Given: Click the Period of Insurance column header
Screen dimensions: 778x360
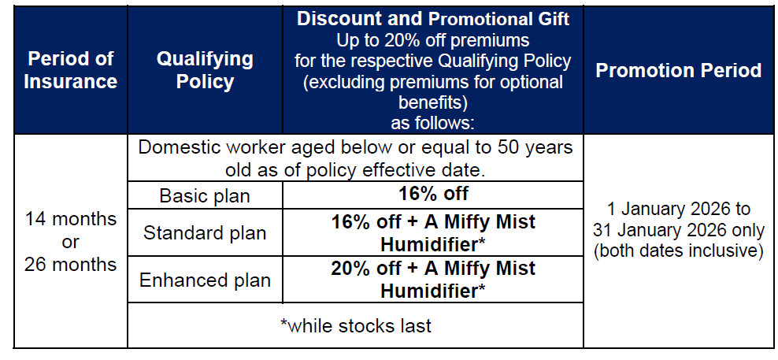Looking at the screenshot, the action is click(70, 70).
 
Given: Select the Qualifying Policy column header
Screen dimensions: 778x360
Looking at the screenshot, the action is click(205, 70).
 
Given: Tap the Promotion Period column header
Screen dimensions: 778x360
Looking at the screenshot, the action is click(679, 70).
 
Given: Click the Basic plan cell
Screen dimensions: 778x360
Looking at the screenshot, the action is click(205, 195).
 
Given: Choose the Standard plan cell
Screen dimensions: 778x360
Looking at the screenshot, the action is click(205, 232).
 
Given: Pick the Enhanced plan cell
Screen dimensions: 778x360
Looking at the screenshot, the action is click(205, 280).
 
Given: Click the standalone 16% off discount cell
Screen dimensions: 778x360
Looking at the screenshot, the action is click(433, 194).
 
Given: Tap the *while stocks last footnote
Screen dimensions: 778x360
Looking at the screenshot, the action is click(356, 326).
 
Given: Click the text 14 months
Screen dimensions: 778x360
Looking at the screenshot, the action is click(70, 218).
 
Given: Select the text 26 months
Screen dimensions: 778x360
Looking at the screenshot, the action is click(70, 264).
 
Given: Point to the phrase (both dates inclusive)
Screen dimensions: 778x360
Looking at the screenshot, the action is click(679, 251).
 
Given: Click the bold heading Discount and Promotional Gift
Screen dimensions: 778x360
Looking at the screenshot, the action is click(433, 20).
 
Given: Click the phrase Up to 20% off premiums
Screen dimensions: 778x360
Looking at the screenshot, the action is click(433, 39).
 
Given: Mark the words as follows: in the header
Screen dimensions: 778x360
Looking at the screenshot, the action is click(433, 122).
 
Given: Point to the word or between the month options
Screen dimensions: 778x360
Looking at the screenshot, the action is click(70, 242).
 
